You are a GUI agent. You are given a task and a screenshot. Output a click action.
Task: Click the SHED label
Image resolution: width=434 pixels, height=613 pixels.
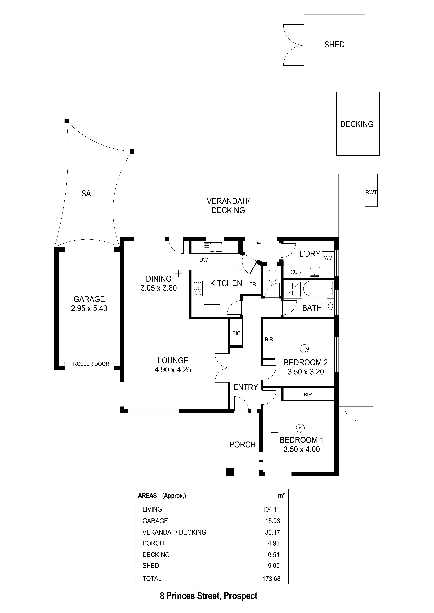(334, 45)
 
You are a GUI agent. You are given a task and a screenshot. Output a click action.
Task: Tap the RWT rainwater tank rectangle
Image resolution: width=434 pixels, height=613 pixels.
(371, 190)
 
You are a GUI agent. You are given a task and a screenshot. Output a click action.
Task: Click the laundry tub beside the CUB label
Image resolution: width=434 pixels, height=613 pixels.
(314, 272)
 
